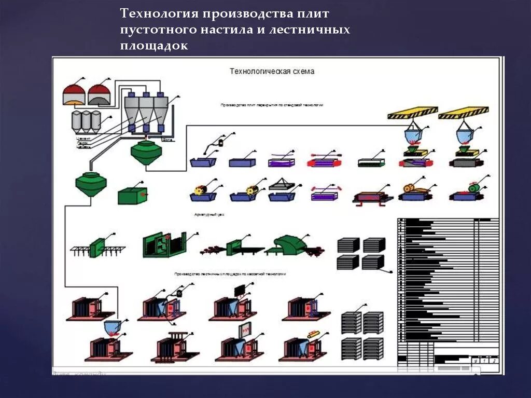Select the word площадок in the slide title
pyautogui.click(x=153, y=46)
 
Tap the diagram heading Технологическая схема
pyautogui.click(x=272, y=72)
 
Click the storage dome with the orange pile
pyautogui.click(x=74, y=95)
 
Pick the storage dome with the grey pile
pyautogui.click(x=99, y=95)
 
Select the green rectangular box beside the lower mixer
pyautogui.click(x=133, y=196)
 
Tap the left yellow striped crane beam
pyautogui.click(x=413, y=113)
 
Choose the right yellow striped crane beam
pyautogui.click(x=463, y=113)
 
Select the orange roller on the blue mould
pyautogui.click(x=409, y=189)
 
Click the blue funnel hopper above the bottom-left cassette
pyautogui.click(x=113, y=327)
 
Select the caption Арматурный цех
pyautogui.click(x=208, y=214)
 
